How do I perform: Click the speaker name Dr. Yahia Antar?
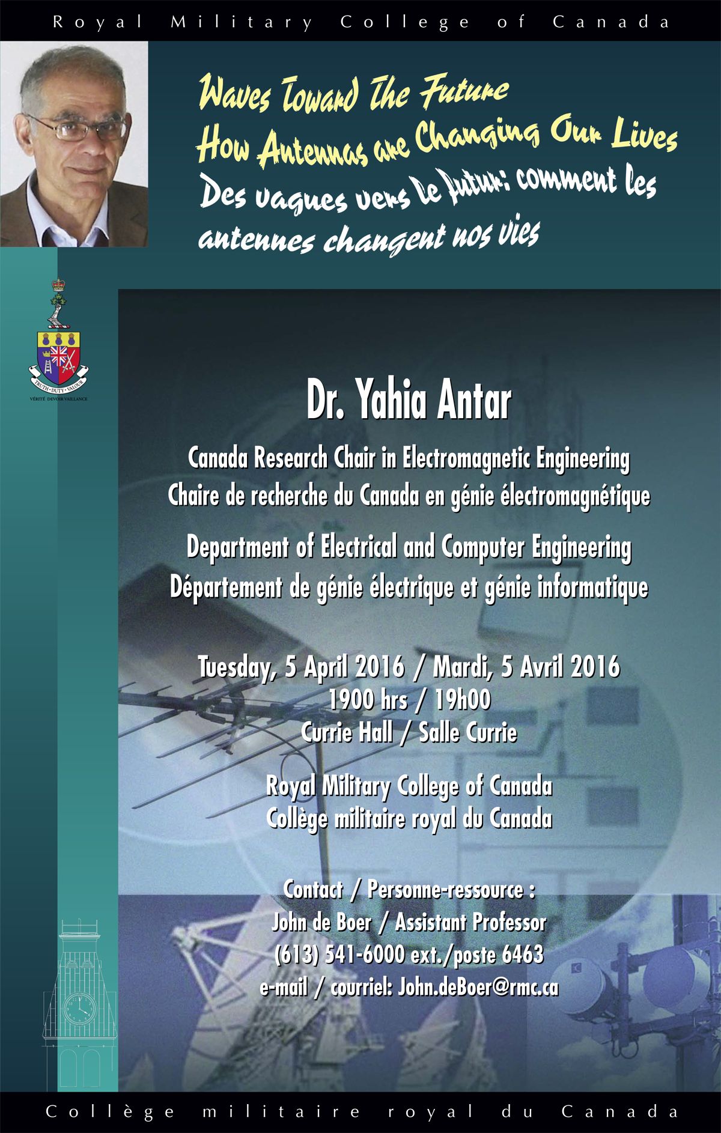pyautogui.click(x=409, y=401)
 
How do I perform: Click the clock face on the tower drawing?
pyautogui.click(x=79, y=1007)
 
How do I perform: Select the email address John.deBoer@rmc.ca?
pyautogui.click(x=478, y=987)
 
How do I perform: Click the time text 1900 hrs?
pyautogui.click(x=368, y=700)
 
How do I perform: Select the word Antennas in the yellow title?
pyautogui.click(x=312, y=148)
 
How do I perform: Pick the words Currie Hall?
pyautogui.click(x=347, y=732)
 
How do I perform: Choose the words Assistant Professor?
pyautogui.click(x=470, y=922)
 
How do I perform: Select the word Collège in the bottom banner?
pyautogui.click(x=110, y=1111)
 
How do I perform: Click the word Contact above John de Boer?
pyautogui.click(x=313, y=890)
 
